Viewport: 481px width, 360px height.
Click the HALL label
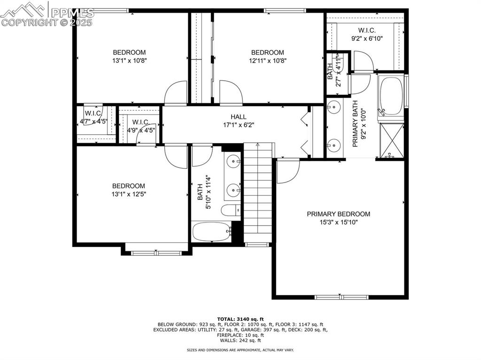[238, 117]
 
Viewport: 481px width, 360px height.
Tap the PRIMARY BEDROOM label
[338, 214]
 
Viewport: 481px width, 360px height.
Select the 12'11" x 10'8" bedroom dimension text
[267, 61]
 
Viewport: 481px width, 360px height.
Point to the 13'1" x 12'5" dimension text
[129, 194]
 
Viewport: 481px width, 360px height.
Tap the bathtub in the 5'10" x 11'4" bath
[211, 231]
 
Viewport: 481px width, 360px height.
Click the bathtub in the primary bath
[391, 96]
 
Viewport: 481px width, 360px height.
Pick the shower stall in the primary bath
[391, 140]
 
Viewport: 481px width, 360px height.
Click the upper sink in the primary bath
[334, 107]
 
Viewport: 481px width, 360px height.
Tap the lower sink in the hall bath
[233, 190]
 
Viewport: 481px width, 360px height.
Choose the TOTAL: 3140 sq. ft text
[240, 319]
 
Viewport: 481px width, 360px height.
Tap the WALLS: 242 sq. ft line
[240, 340]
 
